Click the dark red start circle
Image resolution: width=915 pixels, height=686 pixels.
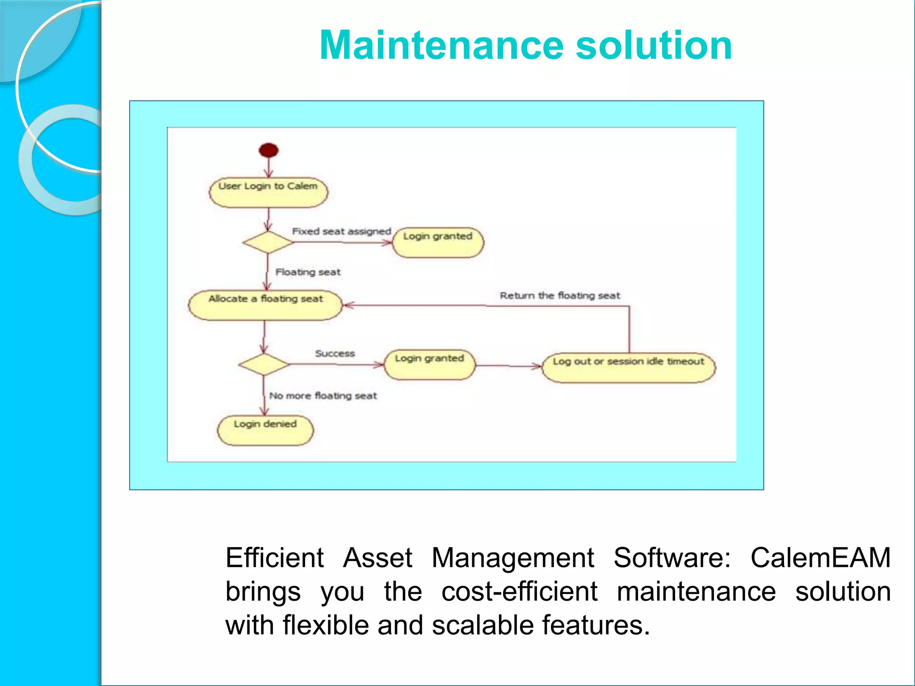coord(269,150)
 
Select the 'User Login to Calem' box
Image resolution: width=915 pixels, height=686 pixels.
coord(269,192)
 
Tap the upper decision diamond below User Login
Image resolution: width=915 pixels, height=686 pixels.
coord(268,243)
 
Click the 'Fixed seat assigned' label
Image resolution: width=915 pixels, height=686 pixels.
coord(341,231)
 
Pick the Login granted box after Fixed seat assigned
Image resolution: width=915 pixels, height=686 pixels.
coord(438,243)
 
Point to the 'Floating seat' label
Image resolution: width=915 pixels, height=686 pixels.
coord(308,272)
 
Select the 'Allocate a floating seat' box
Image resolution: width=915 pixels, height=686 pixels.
coord(265,305)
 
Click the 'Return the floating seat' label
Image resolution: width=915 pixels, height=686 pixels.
coord(560,295)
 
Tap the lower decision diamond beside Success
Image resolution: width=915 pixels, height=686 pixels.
coord(264,364)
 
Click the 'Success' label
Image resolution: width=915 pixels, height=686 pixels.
coord(335,353)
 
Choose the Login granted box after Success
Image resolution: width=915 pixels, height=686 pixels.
coord(429,365)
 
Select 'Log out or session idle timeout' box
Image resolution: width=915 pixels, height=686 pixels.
coord(629,368)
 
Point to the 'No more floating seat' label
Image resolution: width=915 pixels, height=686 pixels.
coord(323,396)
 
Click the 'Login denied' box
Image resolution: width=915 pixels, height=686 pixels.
coord(265,431)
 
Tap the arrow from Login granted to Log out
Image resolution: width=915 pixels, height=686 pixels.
coord(508,366)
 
